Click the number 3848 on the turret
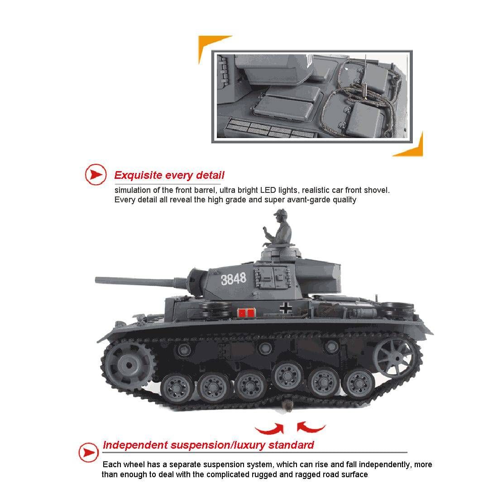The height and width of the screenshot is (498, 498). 234,279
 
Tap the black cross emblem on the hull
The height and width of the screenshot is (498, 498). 286,308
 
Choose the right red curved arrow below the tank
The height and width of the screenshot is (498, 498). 311,427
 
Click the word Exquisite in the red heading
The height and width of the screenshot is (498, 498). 138,175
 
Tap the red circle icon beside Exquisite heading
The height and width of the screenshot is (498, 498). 96,174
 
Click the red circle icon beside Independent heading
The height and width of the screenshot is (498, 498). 89,452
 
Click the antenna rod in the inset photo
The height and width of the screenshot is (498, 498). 365,76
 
